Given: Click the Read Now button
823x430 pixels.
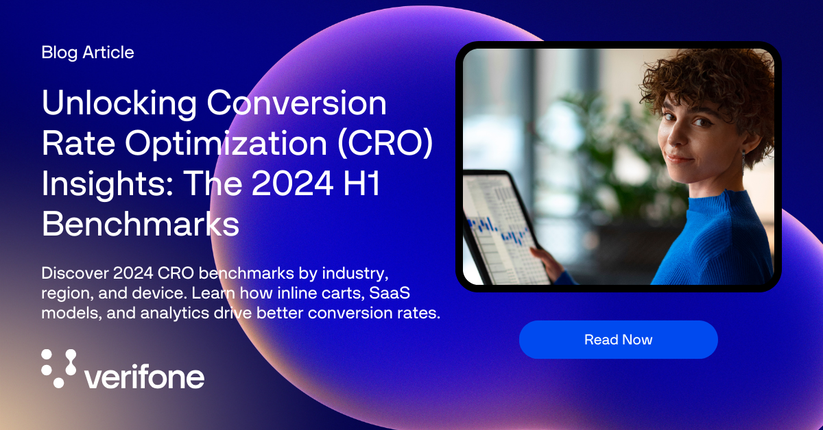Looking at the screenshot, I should pos(618,340).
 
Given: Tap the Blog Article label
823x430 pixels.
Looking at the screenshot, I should pos(88,53).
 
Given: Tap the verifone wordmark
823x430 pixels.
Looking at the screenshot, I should pos(143,376).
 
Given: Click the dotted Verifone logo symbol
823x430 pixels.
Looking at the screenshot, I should pos(59,368).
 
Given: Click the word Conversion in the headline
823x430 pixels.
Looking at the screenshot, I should pos(296,104).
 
